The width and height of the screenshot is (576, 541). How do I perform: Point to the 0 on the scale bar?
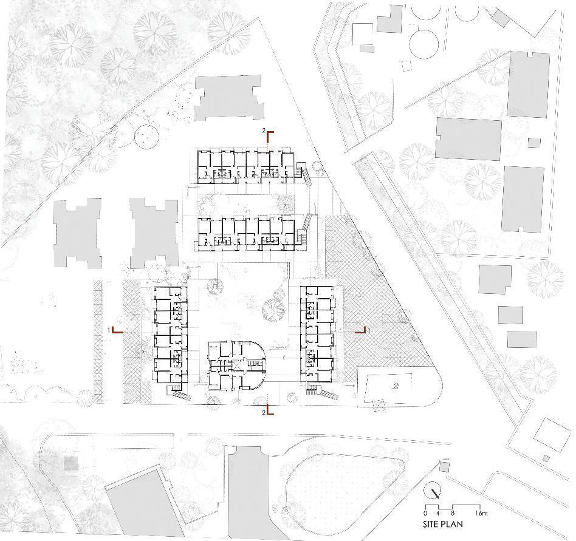[x=425, y=514]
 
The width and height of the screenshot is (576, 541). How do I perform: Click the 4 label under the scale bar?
[x=439, y=514]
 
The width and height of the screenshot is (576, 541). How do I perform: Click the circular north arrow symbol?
[x=433, y=490]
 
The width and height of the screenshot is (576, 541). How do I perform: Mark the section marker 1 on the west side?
[x=115, y=330]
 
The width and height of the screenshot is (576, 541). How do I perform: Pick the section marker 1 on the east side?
[x=362, y=330]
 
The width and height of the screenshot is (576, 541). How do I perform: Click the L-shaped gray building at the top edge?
[x=389, y=21]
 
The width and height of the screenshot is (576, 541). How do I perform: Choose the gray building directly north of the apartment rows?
[x=230, y=98]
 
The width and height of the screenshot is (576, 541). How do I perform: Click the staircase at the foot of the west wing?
[x=177, y=392]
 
